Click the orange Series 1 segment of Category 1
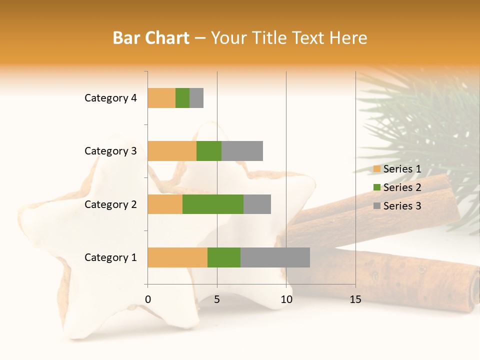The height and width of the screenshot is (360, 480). click(177, 257)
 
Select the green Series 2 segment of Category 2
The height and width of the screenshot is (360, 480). click(213, 204)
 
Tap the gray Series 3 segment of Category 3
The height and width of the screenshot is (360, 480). click(242, 151)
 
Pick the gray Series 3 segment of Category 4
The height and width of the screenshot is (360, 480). click(196, 98)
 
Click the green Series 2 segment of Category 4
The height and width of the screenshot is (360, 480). click(182, 98)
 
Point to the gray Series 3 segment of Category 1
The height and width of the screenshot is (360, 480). click(275, 257)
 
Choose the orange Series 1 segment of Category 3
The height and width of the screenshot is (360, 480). click(172, 151)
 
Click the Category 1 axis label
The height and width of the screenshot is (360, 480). click(110, 257)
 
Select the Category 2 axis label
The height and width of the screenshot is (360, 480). click(110, 204)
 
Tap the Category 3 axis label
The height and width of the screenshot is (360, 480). click(110, 151)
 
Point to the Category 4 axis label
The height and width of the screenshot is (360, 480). click(110, 98)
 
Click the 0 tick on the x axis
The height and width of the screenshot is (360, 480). click(148, 299)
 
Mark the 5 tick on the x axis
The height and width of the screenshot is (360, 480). click(217, 299)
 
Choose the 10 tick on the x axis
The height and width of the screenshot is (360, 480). click(286, 299)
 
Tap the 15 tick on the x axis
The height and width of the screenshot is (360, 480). click(355, 299)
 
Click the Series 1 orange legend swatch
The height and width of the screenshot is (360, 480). click(376, 169)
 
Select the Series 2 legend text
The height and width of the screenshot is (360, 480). click(402, 187)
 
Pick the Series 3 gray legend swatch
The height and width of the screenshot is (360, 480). click(376, 206)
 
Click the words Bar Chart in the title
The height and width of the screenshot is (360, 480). click(151, 38)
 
